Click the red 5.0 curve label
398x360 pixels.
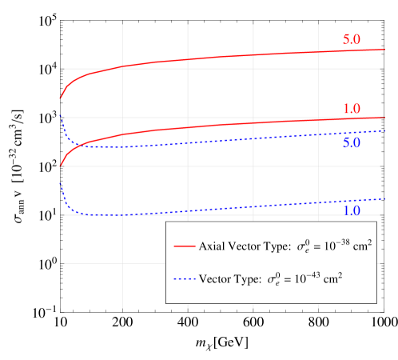[x=352, y=39]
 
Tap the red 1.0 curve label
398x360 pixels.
[x=352, y=109]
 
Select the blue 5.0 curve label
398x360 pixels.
[x=352, y=143]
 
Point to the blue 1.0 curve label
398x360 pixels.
[x=352, y=210]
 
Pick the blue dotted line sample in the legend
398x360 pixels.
[x=185, y=279]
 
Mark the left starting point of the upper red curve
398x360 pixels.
[x=60, y=99]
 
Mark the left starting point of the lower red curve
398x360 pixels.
[x=60, y=166]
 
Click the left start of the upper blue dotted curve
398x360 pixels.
[x=60, y=115]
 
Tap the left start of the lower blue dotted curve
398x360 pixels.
[x=60, y=182]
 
